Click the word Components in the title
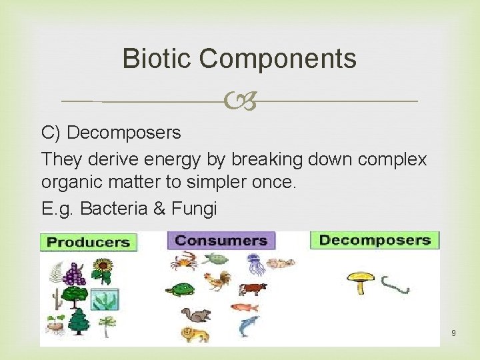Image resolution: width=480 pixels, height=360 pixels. [x=278, y=60]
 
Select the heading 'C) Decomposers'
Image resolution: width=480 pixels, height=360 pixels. [x=111, y=133]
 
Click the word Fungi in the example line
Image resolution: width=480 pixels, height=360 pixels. [x=194, y=209]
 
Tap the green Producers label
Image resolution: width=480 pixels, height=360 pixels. [x=88, y=242]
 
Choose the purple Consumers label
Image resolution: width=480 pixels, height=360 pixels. [x=221, y=241]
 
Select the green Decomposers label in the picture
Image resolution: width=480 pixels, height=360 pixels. [x=375, y=240]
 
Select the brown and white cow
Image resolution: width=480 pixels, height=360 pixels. [x=252, y=289]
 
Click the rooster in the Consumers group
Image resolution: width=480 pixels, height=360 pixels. [x=217, y=281]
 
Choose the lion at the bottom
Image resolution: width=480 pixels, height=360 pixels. [x=195, y=334]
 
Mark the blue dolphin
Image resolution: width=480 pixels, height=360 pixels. [x=249, y=326]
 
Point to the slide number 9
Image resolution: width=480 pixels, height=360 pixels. [x=453, y=332]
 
